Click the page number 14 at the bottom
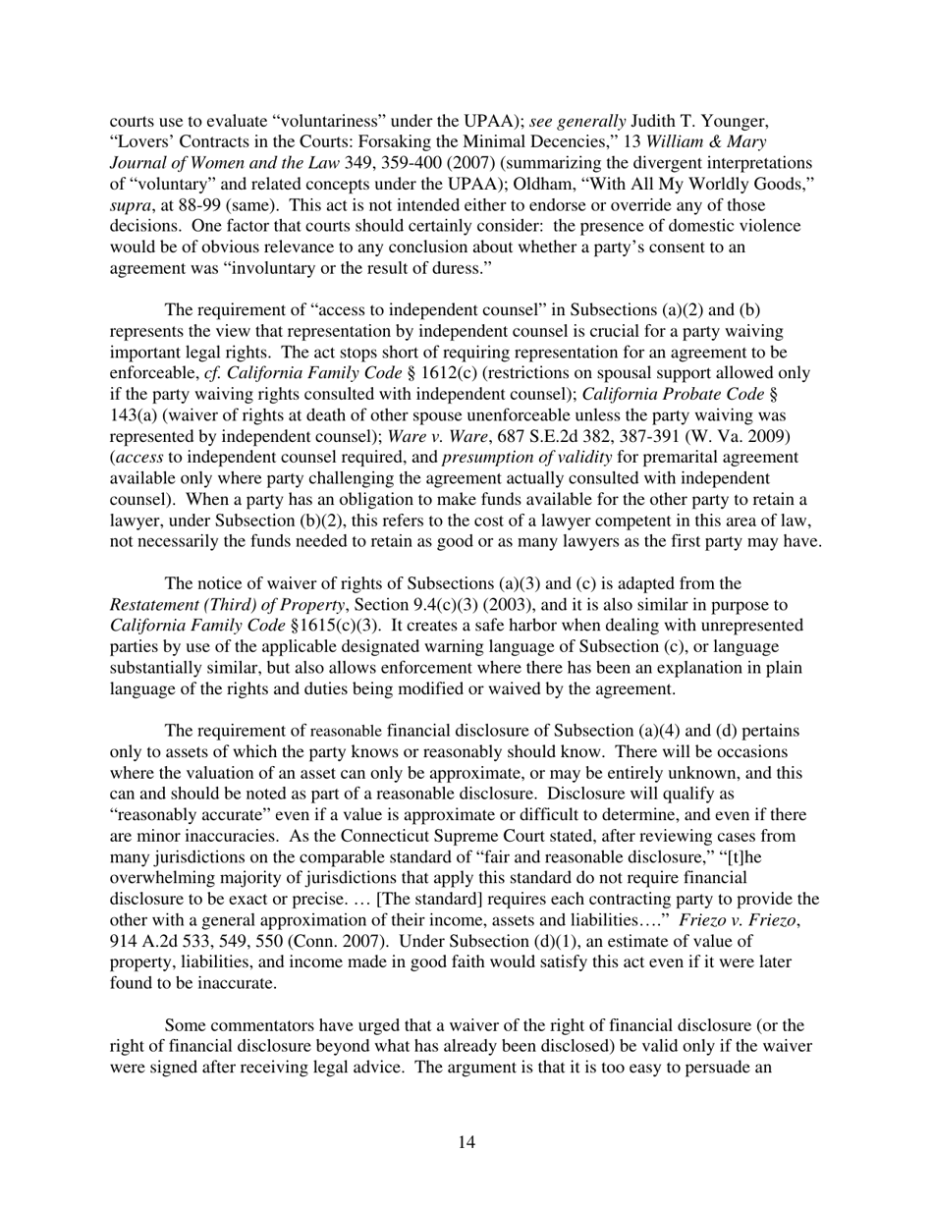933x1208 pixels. coord(466,1142)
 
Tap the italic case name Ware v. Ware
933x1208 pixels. coord(437,436)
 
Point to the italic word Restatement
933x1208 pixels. coord(153,605)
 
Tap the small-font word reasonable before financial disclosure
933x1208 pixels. coord(346,732)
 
